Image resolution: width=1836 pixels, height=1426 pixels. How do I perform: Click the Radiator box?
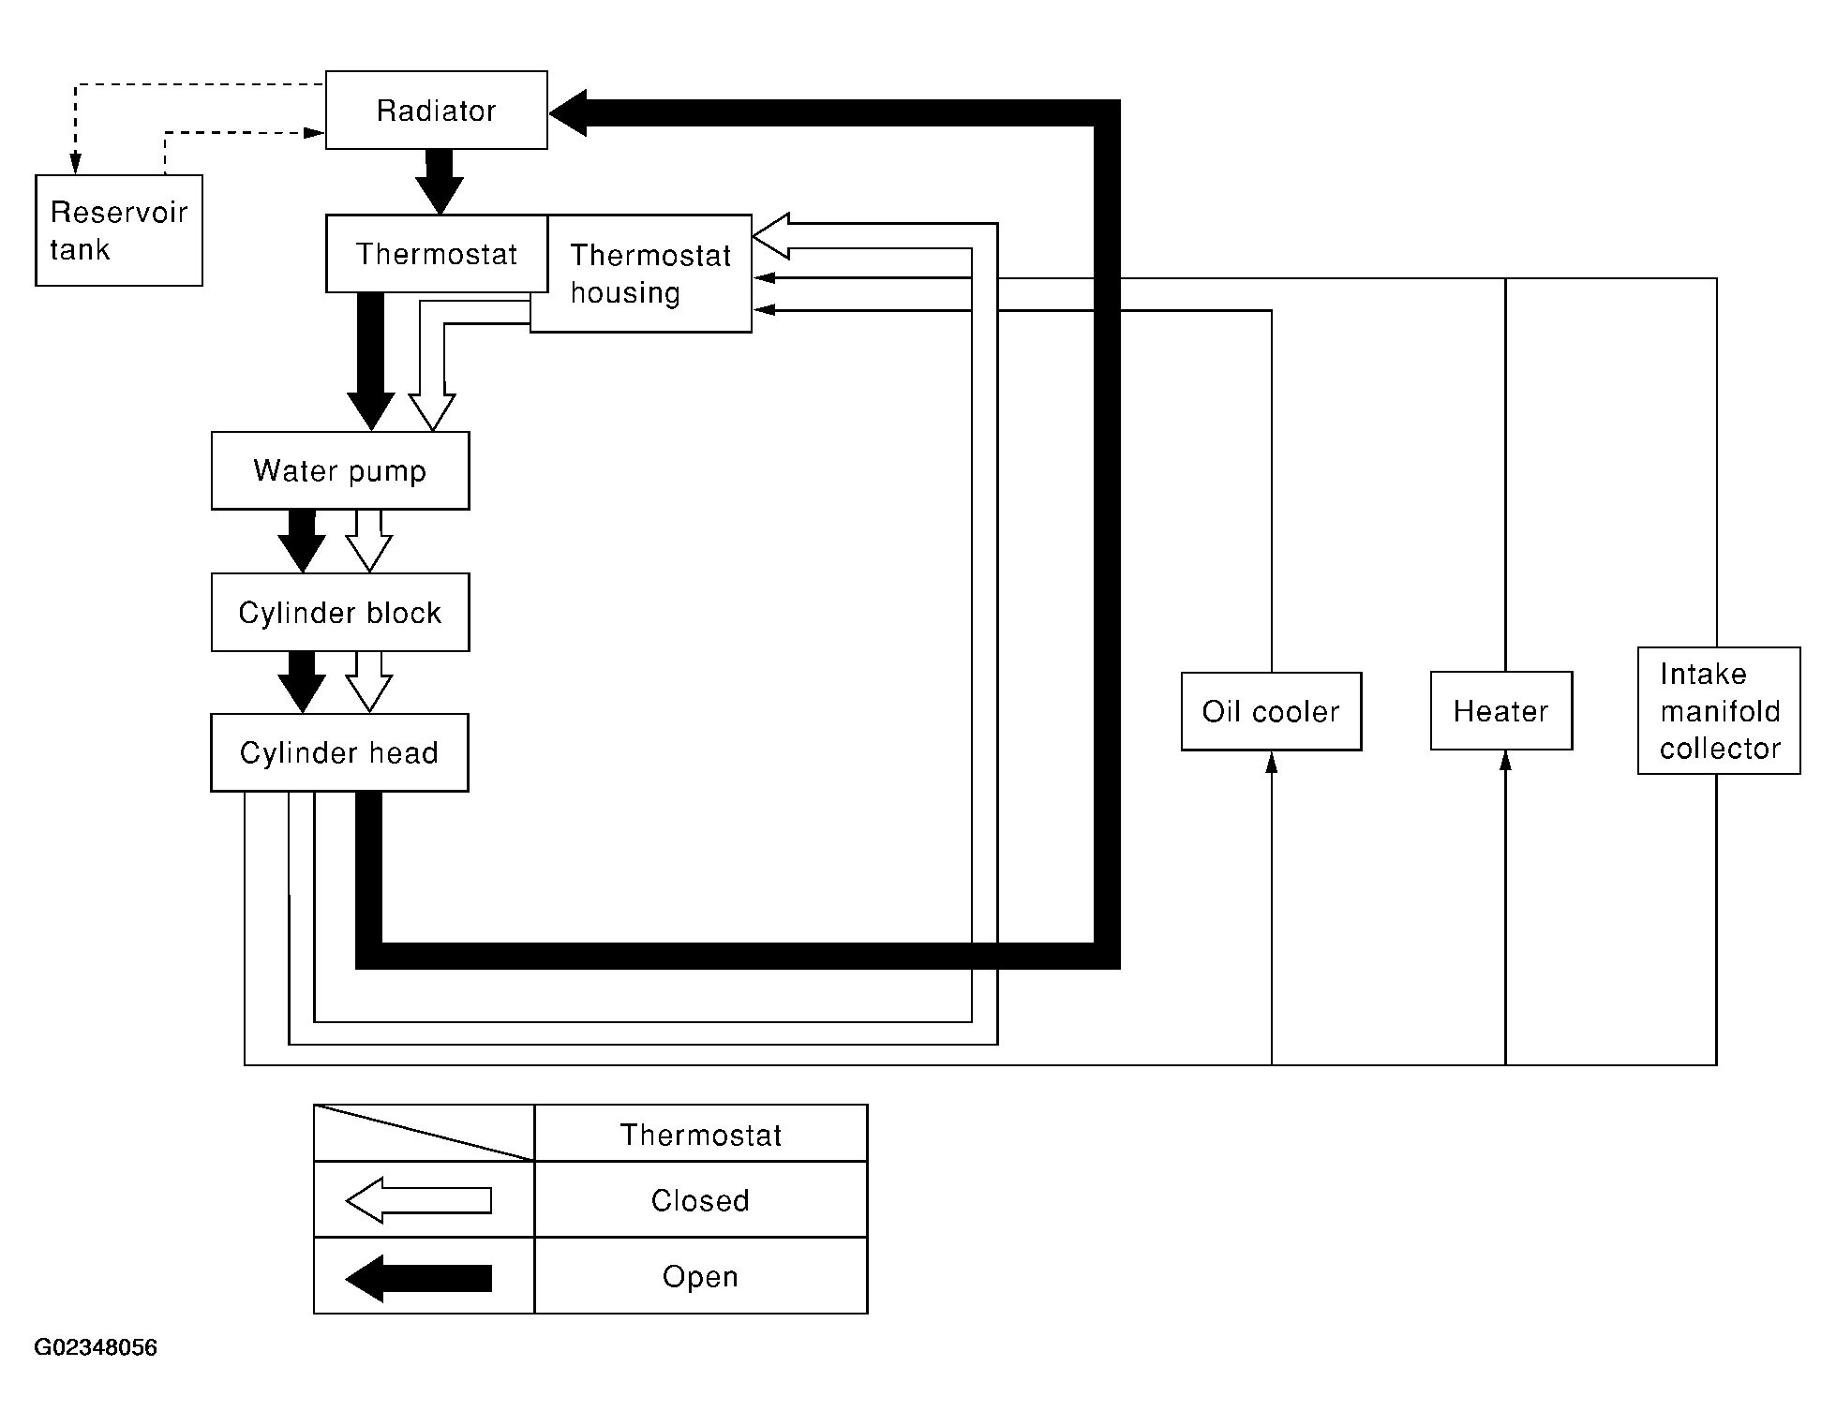437,110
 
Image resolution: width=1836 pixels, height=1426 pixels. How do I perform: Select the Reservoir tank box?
119,230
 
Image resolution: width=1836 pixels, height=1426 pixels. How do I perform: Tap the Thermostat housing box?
641,274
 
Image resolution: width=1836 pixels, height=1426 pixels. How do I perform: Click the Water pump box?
340,470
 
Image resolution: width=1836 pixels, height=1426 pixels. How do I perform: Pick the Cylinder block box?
340,613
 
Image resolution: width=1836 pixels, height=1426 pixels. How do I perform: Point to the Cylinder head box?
339,753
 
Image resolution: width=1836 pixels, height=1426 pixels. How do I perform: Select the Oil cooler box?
1271,711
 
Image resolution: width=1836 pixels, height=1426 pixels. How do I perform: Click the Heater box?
1501,711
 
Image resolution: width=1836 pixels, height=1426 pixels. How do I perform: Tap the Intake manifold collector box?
1719,711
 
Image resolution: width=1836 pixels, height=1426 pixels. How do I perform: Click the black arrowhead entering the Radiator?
568,113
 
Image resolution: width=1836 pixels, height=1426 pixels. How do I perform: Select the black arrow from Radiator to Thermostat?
439,182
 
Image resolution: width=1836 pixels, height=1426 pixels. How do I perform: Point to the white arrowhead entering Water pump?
432,412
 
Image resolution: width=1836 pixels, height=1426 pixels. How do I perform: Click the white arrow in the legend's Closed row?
419,1200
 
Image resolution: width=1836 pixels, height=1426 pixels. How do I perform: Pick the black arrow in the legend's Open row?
419,1278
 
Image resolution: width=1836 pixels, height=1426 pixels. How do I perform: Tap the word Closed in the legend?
700,1200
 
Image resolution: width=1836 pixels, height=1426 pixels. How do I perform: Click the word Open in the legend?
700,1277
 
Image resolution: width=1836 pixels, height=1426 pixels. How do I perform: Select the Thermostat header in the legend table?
700,1135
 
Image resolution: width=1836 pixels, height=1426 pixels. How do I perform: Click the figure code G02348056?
96,1347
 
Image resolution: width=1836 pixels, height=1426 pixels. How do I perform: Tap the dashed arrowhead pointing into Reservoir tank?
75,164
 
